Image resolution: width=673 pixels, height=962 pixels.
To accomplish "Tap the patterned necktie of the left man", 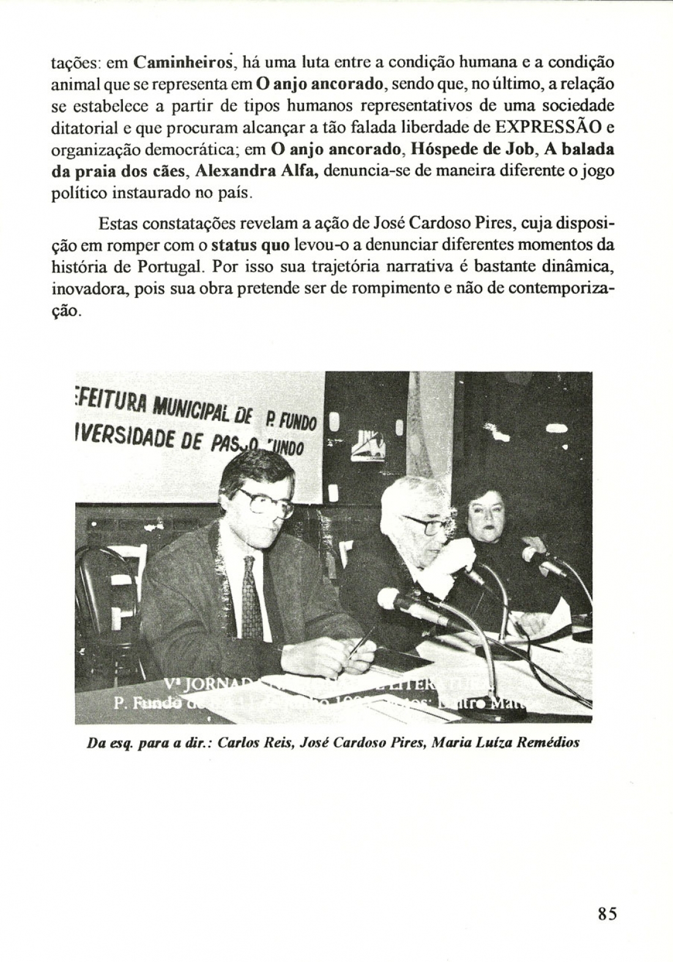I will tap(251, 597).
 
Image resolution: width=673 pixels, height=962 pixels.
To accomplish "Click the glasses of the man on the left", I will tap(266, 502).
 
